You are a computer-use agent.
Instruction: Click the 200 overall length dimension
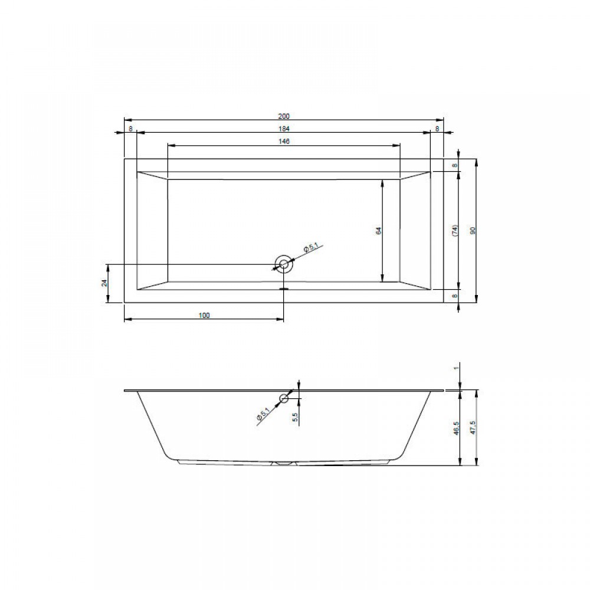click(x=284, y=116)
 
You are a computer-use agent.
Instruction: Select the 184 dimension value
click(x=284, y=129)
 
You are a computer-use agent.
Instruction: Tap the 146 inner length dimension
click(x=284, y=141)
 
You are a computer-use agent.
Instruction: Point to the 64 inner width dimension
click(x=379, y=231)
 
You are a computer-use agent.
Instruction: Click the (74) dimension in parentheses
click(x=454, y=231)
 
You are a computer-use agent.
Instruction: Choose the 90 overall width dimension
click(x=473, y=231)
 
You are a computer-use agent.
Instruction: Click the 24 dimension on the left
click(x=105, y=283)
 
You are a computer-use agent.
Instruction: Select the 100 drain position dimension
click(x=204, y=315)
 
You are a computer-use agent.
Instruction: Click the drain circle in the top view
click(x=284, y=264)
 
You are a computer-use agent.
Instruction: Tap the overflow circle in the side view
click(x=284, y=398)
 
